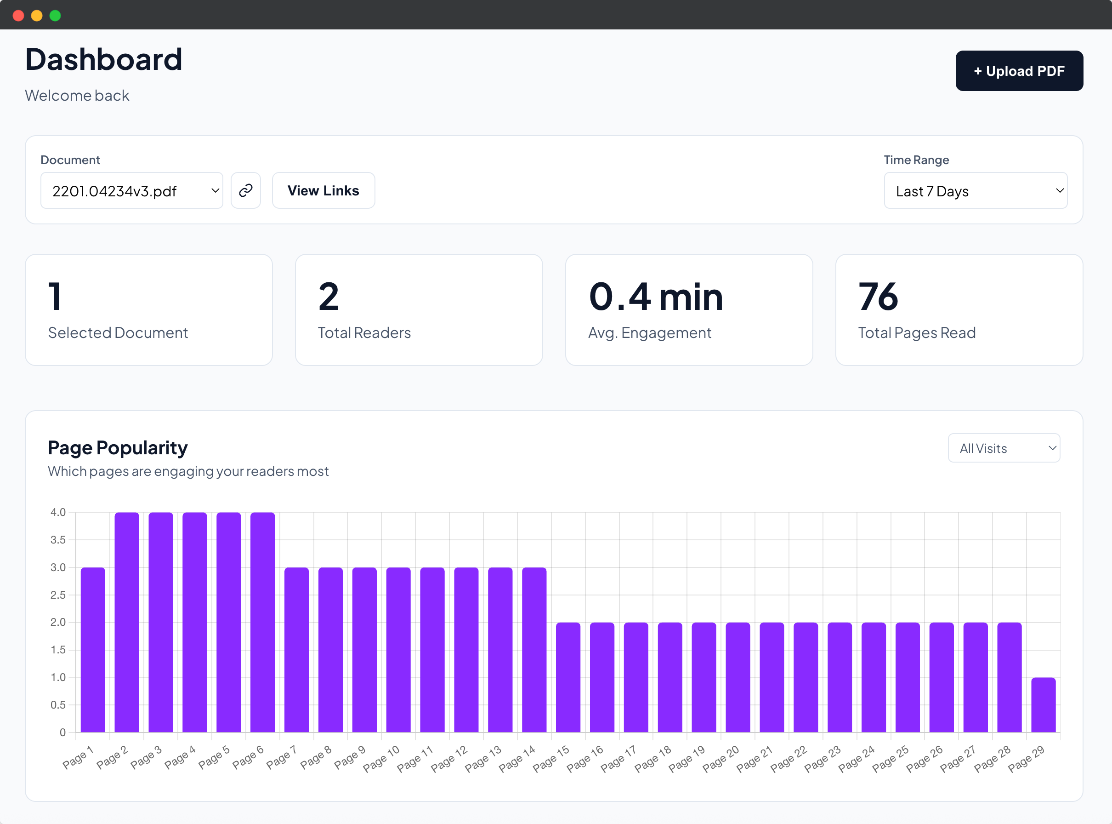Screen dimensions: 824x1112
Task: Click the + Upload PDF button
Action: [x=1019, y=71]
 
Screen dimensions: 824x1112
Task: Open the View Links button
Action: [x=323, y=190]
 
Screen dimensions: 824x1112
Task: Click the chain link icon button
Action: [x=246, y=190]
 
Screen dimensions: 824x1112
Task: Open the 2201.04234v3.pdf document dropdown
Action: [x=131, y=190]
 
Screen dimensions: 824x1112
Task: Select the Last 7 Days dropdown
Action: [x=975, y=190]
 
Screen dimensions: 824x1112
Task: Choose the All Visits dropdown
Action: [x=1004, y=448]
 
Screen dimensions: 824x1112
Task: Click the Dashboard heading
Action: [x=104, y=59]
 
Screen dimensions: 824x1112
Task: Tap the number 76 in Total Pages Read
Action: [x=878, y=297]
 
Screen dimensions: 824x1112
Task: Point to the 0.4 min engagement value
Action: [x=655, y=297]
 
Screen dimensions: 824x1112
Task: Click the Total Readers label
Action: [x=364, y=333]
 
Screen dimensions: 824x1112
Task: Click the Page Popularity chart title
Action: [x=118, y=447]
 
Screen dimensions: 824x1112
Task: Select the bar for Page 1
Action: [x=93, y=649]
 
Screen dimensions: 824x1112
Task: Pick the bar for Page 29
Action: [x=1043, y=704]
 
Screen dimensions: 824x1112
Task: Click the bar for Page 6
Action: [x=263, y=622]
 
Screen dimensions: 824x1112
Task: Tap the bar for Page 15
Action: [x=568, y=677]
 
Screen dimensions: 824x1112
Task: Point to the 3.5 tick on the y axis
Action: [x=58, y=540]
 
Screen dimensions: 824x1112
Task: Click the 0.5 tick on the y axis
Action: [x=58, y=705]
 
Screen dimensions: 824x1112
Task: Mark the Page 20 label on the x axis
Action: [x=721, y=759]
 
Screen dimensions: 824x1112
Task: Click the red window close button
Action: [x=18, y=16]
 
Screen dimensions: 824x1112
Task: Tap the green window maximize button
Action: [x=55, y=16]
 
